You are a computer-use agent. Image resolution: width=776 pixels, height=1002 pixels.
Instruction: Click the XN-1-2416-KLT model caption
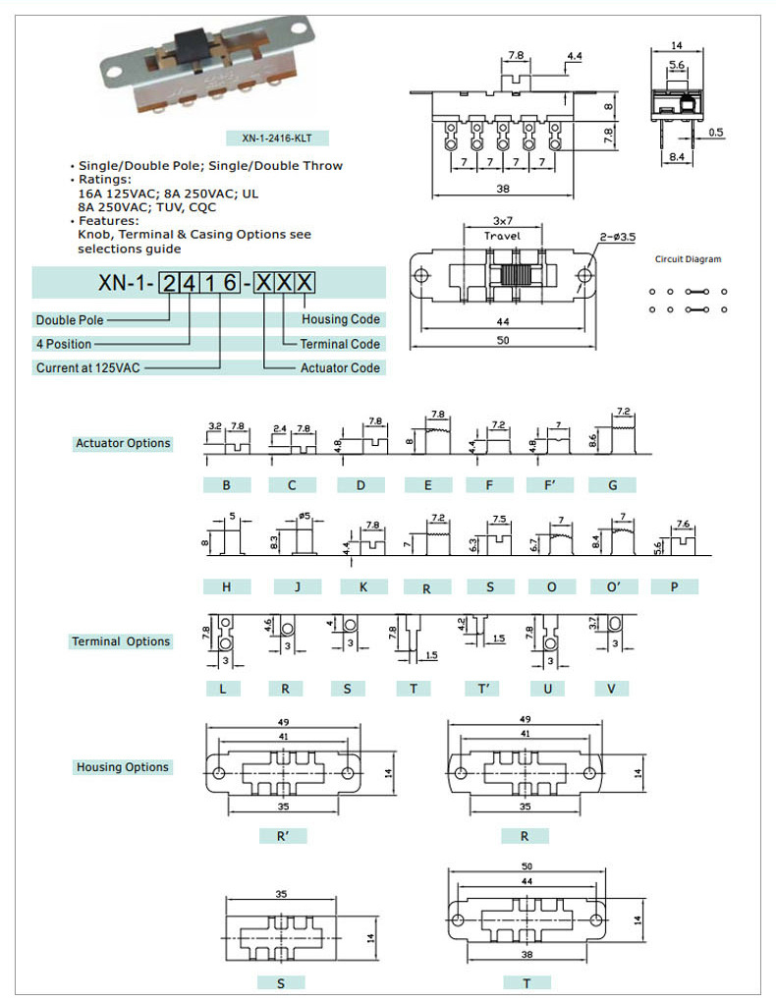coord(277,139)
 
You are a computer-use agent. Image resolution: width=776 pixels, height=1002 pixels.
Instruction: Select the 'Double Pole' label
coord(70,320)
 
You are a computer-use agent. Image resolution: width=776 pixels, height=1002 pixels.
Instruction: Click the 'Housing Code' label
coord(341,319)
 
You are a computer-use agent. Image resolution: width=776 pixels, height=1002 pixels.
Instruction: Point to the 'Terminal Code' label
coord(340,344)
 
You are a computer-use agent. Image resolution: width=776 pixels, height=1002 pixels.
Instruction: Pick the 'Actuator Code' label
coord(340,367)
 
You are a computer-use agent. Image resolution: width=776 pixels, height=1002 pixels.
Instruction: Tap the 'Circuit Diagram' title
coord(688,259)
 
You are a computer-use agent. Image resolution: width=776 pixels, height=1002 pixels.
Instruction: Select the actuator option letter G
coord(613,484)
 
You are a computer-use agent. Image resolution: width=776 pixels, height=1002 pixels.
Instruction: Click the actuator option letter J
coord(293,586)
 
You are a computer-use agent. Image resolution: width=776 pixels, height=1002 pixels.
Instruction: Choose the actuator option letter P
coord(675,586)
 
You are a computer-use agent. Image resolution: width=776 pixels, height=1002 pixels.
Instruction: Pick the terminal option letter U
coord(547,689)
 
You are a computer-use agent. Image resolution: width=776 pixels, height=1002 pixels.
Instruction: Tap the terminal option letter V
coord(611,689)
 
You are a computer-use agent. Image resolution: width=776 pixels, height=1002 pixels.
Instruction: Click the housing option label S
coord(282,982)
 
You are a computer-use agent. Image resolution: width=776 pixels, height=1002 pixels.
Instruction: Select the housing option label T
coord(526,982)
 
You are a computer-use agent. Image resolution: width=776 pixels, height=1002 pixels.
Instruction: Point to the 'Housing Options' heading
coord(123,767)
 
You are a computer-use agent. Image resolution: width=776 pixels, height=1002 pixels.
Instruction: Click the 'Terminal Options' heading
coord(121,641)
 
